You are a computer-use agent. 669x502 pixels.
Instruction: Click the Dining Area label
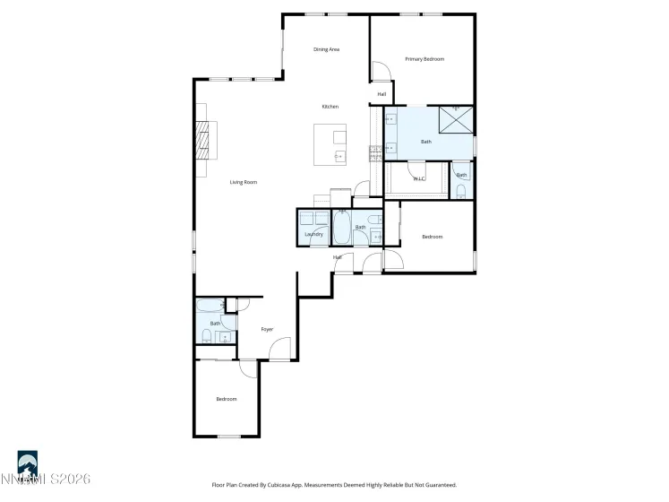[326, 49]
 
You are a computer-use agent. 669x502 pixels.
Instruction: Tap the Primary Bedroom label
[425, 59]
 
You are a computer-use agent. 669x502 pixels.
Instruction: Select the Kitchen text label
[330, 107]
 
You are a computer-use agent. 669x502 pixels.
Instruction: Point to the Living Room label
[244, 182]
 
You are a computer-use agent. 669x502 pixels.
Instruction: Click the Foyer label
[267, 330]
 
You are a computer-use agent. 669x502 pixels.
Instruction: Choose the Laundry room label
[313, 234]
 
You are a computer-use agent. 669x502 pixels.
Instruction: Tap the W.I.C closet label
[418, 179]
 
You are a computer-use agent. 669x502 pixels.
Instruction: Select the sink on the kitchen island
[339, 156]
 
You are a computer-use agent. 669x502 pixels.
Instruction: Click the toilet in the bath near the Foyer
[207, 336]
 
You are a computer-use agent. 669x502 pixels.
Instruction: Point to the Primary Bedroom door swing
[380, 72]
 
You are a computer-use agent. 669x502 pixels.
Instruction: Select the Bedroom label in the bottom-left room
[227, 399]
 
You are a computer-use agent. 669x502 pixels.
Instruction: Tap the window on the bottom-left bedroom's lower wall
[229, 437]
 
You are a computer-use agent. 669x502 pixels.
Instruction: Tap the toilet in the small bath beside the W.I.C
[460, 191]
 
